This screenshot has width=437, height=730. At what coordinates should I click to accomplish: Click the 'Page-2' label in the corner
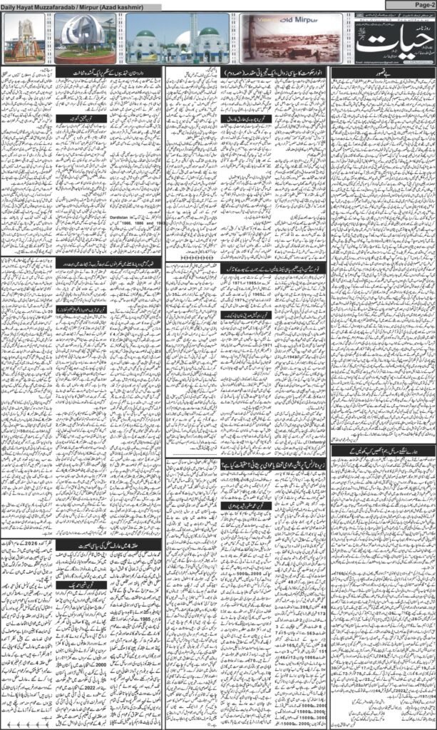(421, 5)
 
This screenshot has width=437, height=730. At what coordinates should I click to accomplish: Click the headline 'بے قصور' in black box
(382, 72)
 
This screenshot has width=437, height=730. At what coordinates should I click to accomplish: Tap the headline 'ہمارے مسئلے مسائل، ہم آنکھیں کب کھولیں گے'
(382, 453)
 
